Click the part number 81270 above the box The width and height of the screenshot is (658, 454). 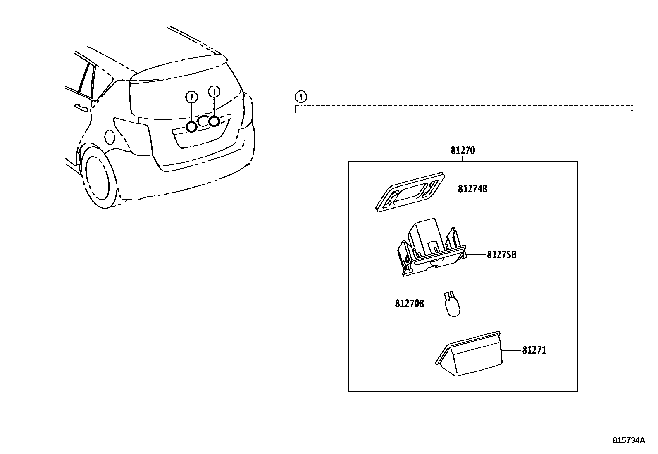[463, 151]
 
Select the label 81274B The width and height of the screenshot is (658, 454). [472, 189]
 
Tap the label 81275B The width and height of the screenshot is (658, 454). [501, 254]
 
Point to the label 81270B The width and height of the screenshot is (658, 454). [410, 304]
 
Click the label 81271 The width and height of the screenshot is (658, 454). [534, 350]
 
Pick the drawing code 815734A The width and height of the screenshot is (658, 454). [628, 440]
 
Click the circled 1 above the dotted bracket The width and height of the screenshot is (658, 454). [301, 97]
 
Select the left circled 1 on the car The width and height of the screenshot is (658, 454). [191, 97]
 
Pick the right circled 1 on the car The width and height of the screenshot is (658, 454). [214, 91]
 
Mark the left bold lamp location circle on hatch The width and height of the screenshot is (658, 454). [191, 127]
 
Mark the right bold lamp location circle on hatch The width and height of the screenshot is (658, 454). [214, 121]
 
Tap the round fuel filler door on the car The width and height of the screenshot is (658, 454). [110, 137]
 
